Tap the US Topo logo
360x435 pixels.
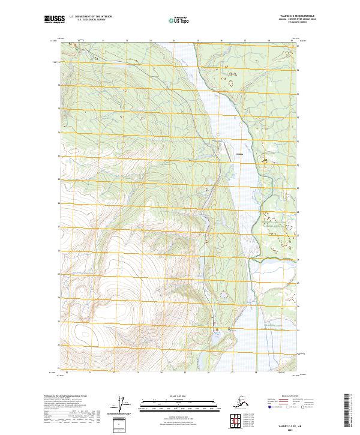[x=180, y=19]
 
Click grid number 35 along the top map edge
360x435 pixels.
[x=197, y=41]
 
